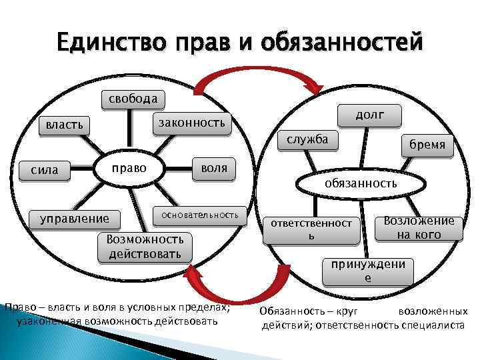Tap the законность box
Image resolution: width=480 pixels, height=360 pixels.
189,122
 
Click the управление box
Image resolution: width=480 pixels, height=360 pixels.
75,218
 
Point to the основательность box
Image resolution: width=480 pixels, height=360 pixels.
200,215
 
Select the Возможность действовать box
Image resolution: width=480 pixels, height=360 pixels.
144,247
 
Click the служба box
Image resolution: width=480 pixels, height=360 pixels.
307,139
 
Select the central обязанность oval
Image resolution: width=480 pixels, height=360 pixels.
360,183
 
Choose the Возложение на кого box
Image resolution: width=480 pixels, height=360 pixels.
423,227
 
